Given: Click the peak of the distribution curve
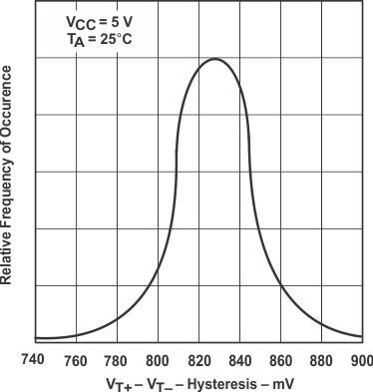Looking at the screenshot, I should [214, 59].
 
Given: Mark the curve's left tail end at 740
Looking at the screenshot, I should [36, 338].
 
